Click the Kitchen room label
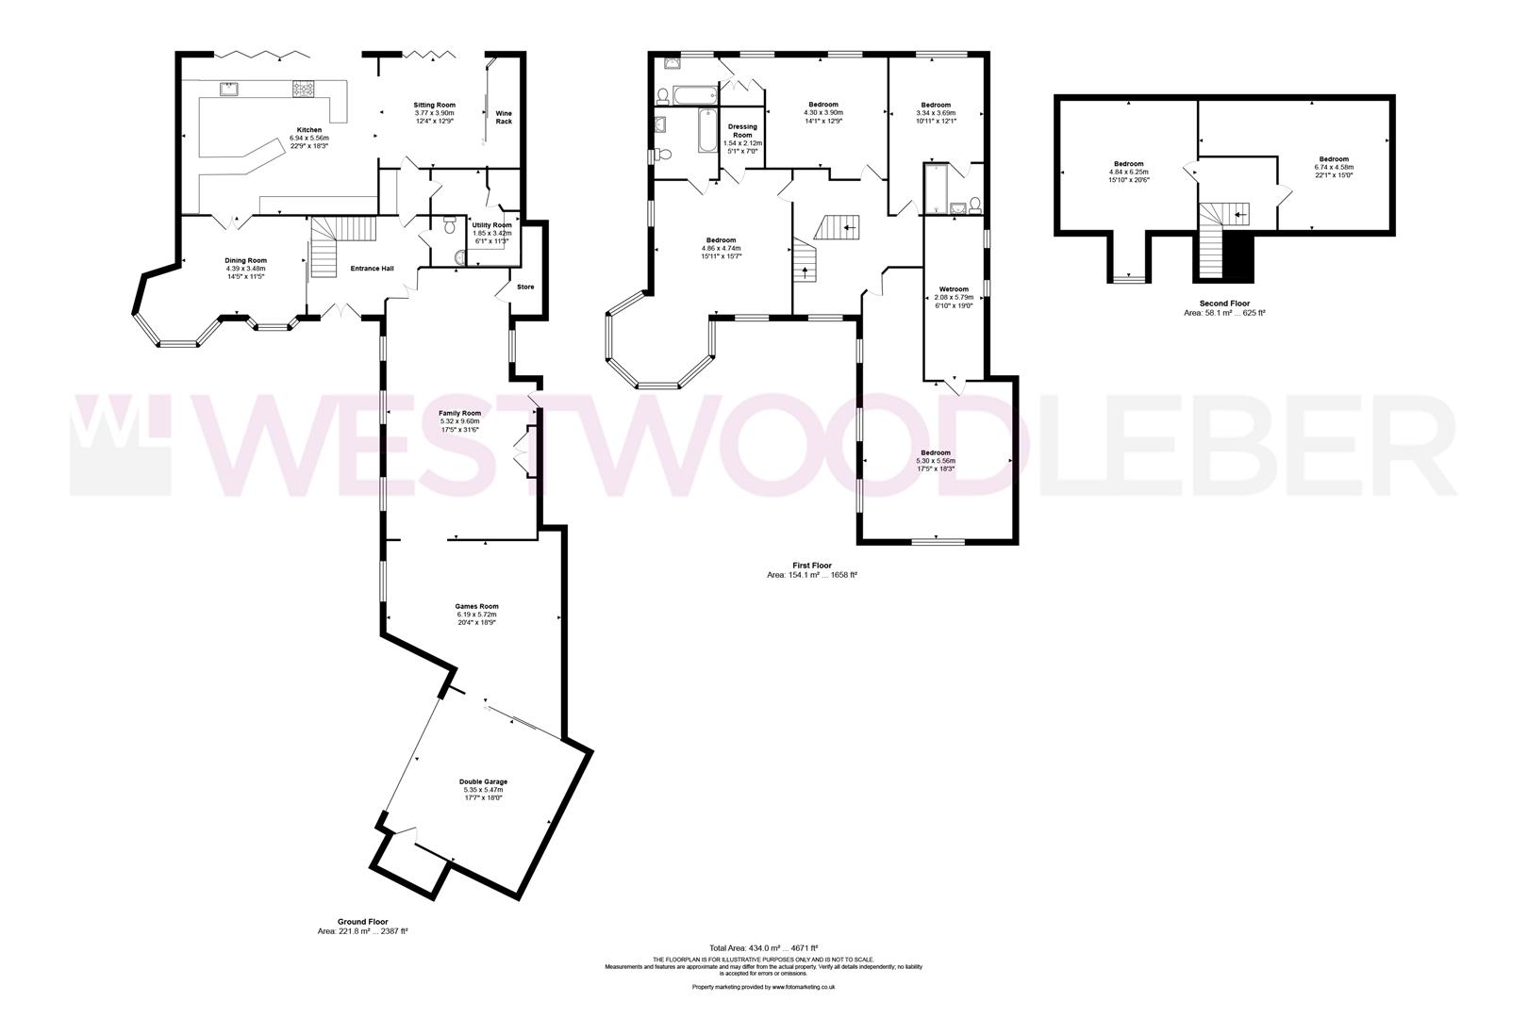coord(309,130)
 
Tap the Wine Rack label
coord(504,117)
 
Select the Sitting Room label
coord(435,105)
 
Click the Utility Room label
coord(491,225)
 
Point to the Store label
coord(525,286)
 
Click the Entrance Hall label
coord(372,269)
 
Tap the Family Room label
coord(459,414)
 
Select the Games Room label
coord(475,607)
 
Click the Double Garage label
coord(483,782)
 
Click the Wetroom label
coord(954,289)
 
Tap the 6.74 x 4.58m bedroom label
coord(1334,159)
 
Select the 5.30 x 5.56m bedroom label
coord(935,453)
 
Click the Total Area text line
coord(763,947)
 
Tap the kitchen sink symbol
coord(229,89)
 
